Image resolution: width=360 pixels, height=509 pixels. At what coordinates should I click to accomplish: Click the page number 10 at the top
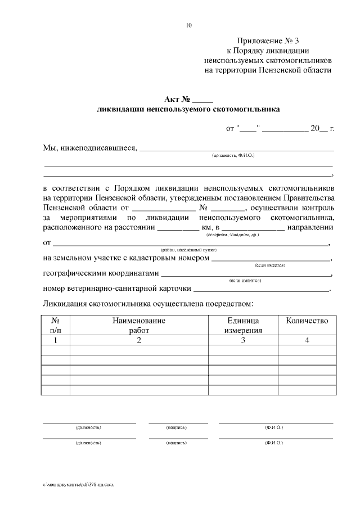(x=188, y=25)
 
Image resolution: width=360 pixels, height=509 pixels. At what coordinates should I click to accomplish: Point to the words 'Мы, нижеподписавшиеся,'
(x=90, y=148)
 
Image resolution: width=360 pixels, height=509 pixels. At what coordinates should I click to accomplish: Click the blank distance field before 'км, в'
(x=177, y=228)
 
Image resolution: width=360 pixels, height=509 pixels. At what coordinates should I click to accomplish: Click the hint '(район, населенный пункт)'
(x=188, y=250)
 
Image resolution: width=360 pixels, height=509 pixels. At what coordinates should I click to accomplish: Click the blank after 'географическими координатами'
(x=246, y=274)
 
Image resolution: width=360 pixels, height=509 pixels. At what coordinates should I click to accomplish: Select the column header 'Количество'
(x=307, y=321)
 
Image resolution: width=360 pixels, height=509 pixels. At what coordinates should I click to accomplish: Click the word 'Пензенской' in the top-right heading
(x=280, y=70)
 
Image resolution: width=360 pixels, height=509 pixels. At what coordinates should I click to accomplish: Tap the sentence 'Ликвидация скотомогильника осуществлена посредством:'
(x=148, y=304)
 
